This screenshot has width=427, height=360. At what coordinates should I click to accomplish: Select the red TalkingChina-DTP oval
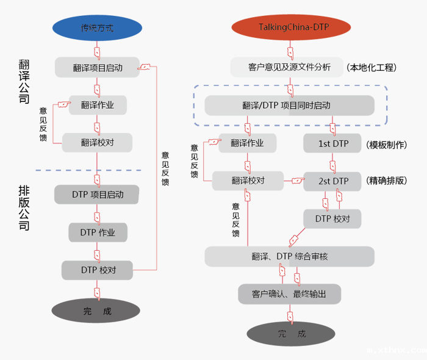click(291, 27)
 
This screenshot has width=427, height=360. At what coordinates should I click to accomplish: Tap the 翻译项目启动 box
click(97, 68)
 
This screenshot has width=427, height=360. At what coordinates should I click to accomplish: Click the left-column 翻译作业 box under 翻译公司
click(98, 105)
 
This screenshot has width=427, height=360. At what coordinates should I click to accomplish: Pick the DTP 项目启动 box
click(97, 195)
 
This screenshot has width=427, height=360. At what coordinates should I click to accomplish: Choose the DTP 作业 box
click(97, 232)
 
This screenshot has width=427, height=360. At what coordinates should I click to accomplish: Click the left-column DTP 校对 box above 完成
click(97, 270)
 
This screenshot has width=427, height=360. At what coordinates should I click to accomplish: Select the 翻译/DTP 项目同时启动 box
click(289, 105)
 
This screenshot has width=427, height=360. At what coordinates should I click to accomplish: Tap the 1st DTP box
click(333, 144)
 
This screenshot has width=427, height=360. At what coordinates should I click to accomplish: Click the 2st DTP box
click(333, 181)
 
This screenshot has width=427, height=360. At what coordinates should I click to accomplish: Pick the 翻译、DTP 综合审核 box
click(289, 256)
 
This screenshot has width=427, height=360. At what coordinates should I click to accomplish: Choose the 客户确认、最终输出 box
click(289, 294)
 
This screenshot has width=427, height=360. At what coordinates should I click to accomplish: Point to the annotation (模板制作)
click(387, 145)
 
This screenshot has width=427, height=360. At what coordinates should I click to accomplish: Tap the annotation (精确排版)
click(387, 181)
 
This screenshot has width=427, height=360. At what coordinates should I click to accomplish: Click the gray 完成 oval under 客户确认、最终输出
click(291, 334)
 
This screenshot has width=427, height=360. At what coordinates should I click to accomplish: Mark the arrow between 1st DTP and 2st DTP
click(333, 164)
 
